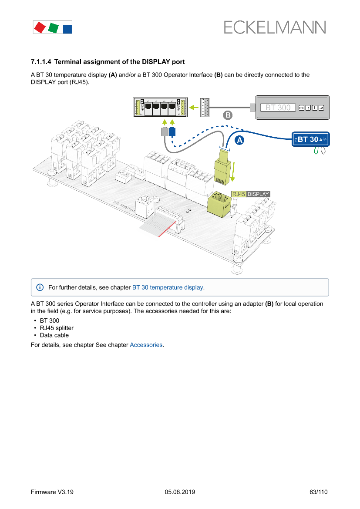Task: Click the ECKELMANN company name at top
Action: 275,27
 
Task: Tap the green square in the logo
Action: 53,28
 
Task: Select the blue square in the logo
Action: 67,29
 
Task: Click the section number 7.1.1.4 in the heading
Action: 41,62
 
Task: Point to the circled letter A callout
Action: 239,140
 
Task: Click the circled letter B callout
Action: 228,115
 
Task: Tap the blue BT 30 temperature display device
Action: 310,139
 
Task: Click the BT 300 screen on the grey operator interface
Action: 278,108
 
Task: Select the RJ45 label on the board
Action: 239,194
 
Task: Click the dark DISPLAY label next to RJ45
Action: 258,194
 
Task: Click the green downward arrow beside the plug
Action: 233,172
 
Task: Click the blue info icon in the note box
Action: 40,287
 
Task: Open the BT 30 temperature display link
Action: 168,287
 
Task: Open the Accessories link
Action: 146,345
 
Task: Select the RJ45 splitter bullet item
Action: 57,328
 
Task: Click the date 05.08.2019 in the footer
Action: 180,492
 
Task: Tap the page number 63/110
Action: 318,492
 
